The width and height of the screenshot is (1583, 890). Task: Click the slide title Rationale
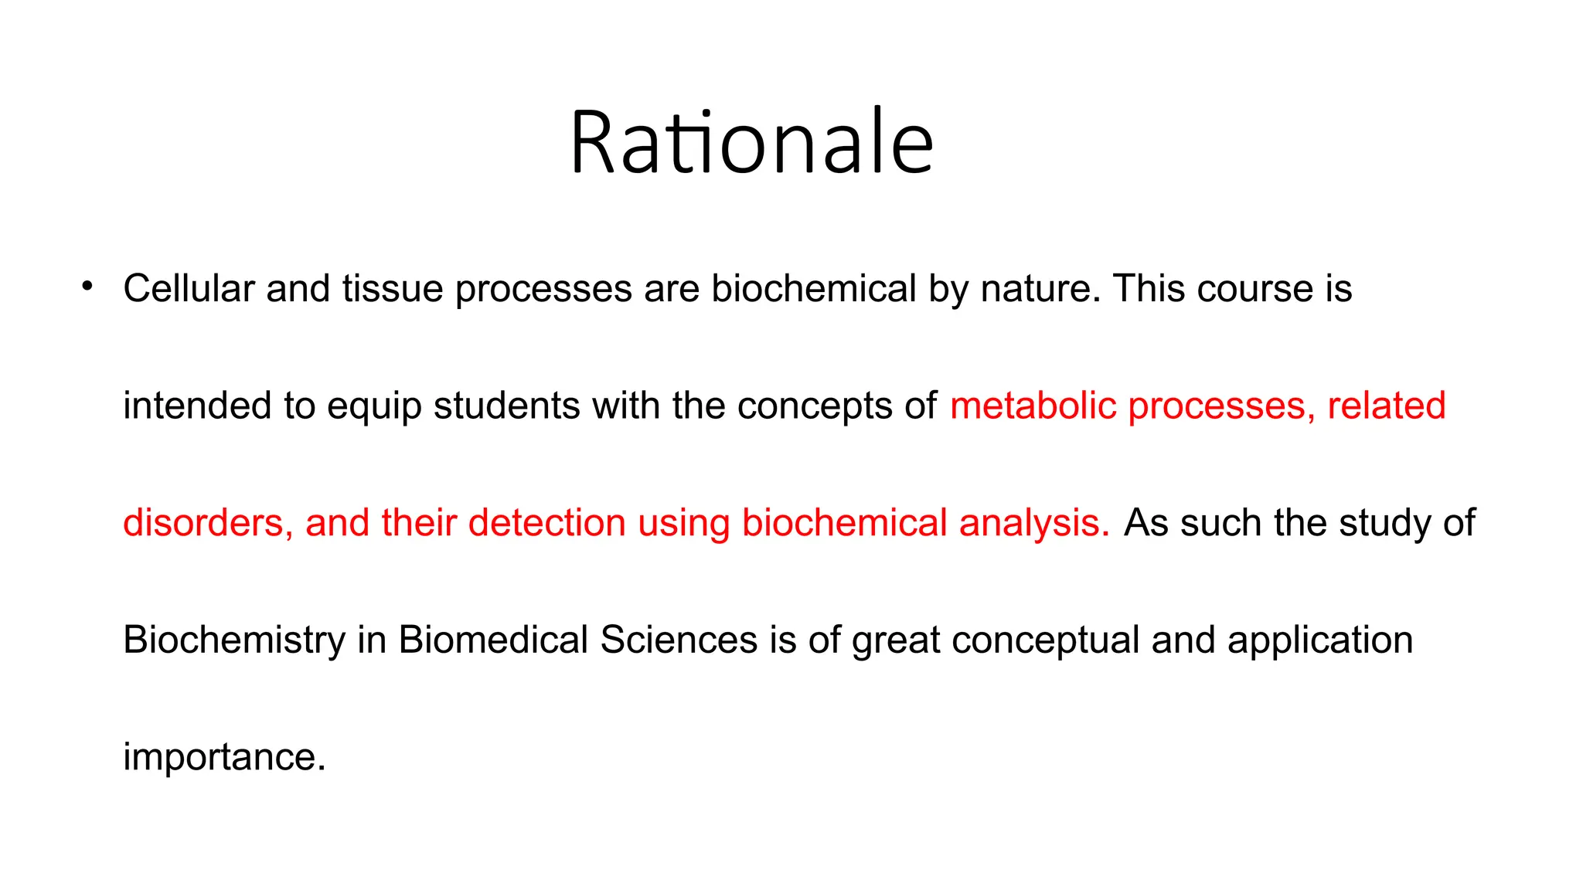click(x=751, y=143)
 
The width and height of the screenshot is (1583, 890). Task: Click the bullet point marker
click(x=87, y=287)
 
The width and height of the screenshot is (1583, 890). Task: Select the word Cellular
click(x=189, y=289)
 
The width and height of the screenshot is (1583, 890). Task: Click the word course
click(x=1254, y=289)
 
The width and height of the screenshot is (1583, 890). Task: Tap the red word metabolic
click(x=1033, y=406)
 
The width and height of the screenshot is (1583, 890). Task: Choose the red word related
click(x=1386, y=406)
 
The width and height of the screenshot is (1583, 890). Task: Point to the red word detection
click(x=546, y=524)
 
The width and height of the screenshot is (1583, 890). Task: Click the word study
click(x=1385, y=524)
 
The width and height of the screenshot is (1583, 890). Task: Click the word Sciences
click(x=678, y=641)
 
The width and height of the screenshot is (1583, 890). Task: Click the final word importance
click(x=224, y=759)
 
